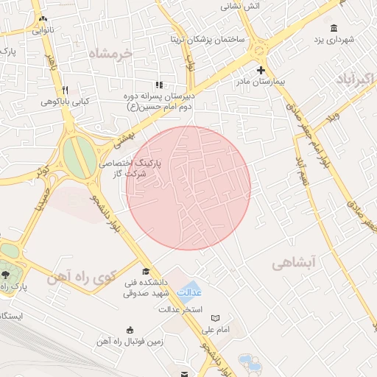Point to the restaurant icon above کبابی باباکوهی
66,88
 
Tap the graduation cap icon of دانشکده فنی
145,270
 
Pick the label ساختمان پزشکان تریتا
208,38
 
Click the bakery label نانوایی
43,31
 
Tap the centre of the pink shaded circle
188,188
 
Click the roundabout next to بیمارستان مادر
258,51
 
